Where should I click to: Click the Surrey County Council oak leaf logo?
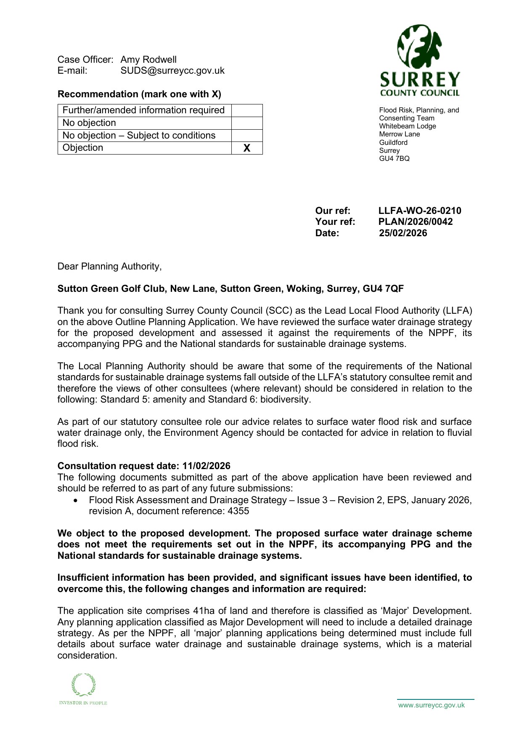pos(419,47)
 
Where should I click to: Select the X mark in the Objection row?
pos(247,148)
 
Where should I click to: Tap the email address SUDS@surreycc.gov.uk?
pos(172,71)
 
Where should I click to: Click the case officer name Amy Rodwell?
pos(148,59)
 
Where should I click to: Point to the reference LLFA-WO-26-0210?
pos(419,211)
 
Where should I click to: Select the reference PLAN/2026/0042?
pos(415,221)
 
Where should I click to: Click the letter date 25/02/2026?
pos(403,233)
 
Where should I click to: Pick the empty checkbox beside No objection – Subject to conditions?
pos(247,135)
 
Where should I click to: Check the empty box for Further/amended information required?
pos(247,110)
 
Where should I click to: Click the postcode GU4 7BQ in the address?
pos(394,158)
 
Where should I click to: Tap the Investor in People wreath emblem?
pos(83,685)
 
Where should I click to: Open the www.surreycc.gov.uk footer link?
pos(431,705)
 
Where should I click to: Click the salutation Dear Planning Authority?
pos(109,267)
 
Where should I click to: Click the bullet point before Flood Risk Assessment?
pos(75,500)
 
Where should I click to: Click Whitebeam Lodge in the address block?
pos(407,126)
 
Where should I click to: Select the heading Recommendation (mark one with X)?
pos(139,94)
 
